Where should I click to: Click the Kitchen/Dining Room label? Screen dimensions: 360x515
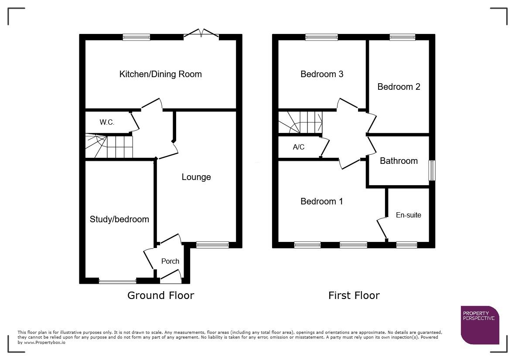(160, 74)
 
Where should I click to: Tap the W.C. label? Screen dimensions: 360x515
(107, 122)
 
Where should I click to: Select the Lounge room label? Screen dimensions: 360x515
(196, 177)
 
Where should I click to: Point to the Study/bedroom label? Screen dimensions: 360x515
(119, 219)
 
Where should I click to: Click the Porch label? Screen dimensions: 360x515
(170, 261)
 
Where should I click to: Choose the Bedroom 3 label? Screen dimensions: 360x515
(322, 74)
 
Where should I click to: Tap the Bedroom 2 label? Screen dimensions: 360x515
(399, 87)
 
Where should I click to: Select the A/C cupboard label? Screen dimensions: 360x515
(299, 147)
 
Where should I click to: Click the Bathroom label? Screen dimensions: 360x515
(399, 161)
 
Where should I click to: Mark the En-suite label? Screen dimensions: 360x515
(409, 215)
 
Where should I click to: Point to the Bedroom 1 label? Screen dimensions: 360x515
(322, 201)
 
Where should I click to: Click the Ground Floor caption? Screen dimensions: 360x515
(160, 295)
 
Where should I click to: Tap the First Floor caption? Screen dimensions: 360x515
(354, 295)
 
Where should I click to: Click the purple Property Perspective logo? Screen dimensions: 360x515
(480, 325)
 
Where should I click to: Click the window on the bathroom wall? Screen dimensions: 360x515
(432, 170)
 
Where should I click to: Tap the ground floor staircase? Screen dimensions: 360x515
(109, 146)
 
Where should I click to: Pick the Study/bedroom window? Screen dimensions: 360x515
(118, 281)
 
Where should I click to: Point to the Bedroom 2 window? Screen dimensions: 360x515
(402, 37)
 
